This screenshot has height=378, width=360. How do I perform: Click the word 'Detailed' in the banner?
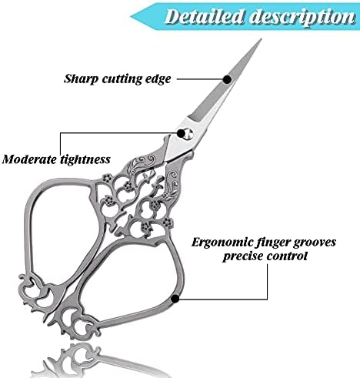(204, 17)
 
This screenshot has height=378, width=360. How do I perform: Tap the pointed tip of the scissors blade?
(261, 39)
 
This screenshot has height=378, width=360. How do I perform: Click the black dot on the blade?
(227, 79)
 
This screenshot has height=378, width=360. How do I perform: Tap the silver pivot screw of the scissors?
(189, 134)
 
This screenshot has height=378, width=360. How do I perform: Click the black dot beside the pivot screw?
(181, 133)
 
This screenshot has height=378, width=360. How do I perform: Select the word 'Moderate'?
(29, 159)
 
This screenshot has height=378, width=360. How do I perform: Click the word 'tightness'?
(85, 160)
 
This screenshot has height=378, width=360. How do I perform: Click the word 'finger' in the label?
(274, 243)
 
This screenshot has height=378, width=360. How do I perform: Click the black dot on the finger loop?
(175, 299)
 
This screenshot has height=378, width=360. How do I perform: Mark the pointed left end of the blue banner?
(131, 17)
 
